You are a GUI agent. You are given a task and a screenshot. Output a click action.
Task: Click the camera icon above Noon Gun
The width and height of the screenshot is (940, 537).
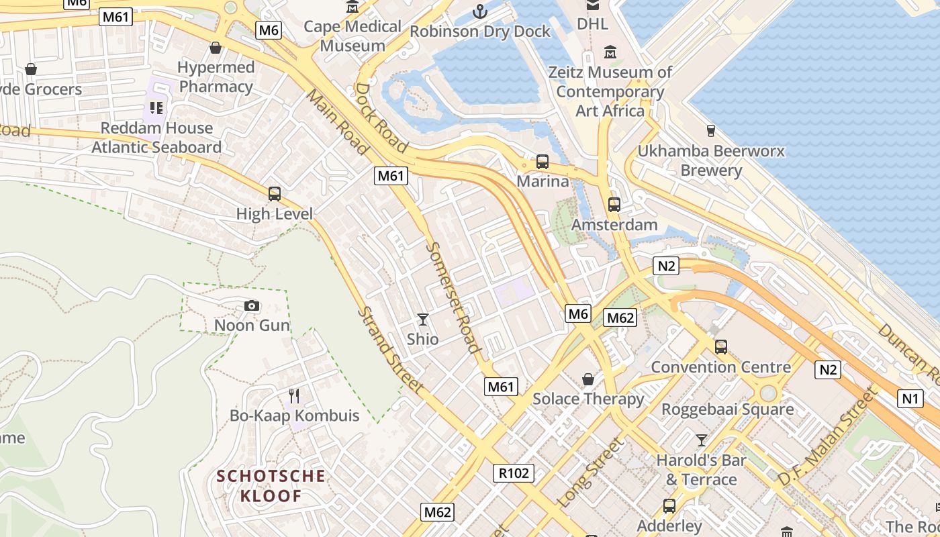pyautogui.click(x=252, y=306)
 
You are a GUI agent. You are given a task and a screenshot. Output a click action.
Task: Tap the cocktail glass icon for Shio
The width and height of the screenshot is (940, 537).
pyautogui.click(x=422, y=320)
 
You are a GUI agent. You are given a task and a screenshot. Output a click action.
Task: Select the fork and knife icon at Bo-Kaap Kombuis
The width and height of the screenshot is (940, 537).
pyautogui.click(x=293, y=395)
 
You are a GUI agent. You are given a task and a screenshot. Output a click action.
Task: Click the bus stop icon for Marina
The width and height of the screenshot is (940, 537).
pyautogui.click(x=542, y=162)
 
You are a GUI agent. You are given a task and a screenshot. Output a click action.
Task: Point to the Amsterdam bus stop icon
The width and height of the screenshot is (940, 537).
pyautogui.click(x=614, y=205)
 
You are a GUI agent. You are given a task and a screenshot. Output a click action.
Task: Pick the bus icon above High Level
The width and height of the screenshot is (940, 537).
pyautogui.click(x=274, y=194)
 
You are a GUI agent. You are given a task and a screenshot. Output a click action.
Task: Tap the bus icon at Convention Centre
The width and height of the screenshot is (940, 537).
pyautogui.click(x=720, y=347)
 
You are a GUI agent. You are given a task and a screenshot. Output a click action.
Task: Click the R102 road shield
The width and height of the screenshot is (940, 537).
pyautogui.click(x=514, y=473)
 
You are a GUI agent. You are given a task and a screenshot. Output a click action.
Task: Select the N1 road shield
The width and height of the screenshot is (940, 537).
pyautogui.click(x=910, y=399)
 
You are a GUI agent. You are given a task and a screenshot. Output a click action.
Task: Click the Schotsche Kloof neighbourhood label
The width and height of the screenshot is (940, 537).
pyautogui.click(x=271, y=486)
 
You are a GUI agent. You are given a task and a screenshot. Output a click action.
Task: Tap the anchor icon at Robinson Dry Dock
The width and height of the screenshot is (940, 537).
pyautogui.click(x=479, y=11)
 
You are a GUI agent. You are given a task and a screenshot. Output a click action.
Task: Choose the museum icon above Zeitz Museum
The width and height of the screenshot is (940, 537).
pyautogui.click(x=610, y=52)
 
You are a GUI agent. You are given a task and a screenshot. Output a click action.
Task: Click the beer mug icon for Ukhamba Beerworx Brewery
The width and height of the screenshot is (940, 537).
pyautogui.click(x=710, y=130)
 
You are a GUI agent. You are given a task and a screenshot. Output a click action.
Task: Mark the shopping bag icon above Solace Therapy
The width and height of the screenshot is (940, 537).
pyautogui.click(x=588, y=379)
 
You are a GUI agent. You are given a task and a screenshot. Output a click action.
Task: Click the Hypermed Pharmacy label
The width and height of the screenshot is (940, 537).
pyautogui.click(x=216, y=77)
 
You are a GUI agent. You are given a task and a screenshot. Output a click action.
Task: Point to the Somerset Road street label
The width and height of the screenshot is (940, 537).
pyautogui.click(x=454, y=297)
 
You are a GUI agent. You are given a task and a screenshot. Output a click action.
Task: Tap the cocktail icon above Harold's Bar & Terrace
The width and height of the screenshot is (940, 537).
pyautogui.click(x=701, y=440)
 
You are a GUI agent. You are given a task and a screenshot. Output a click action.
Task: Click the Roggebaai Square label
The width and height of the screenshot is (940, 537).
pyautogui.click(x=727, y=409)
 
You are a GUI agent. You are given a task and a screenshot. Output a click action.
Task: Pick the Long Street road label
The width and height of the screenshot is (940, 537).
pyautogui.click(x=591, y=473)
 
